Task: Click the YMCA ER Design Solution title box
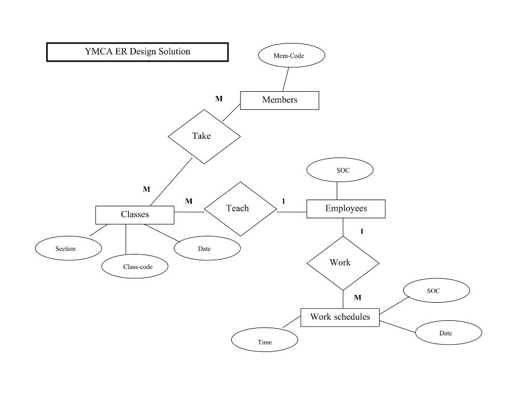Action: pyautogui.click(x=137, y=52)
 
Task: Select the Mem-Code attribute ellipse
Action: pyautogui.click(x=291, y=55)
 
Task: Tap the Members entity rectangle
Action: pyautogui.click(x=280, y=100)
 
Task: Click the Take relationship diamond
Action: pyautogui.click(x=204, y=136)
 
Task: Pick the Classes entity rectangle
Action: pyautogui.click(x=135, y=215)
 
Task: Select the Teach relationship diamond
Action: pyautogui.click(x=240, y=208)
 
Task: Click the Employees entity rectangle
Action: pyautogui.click(x=346, y=208)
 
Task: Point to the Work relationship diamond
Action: pyautogui.click(x=343, y=263)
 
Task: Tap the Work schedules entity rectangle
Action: pyautogui.click(x=340, y=317)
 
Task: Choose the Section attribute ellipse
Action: pyautogui.click(x=68, y=249)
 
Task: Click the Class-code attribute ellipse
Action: pyautogui.click(x=135, y=267)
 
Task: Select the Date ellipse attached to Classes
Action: pyautogui.click(x=207, y=249)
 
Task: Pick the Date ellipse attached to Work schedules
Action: pyautogui.click(x=449, y=333)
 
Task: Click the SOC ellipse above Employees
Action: pyautogui.click(x=340, y=170)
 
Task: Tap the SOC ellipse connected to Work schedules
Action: pyautogui.click(x=436, y=291)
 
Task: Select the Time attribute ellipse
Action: pyautogui.click(x=264, y=341)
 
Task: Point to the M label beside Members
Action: pyautogui.click(x=219, y=98)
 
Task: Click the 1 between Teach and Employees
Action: pyautogui.click(x=284, y=201)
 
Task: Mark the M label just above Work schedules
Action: pyautogui.click(x=358, y=298)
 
